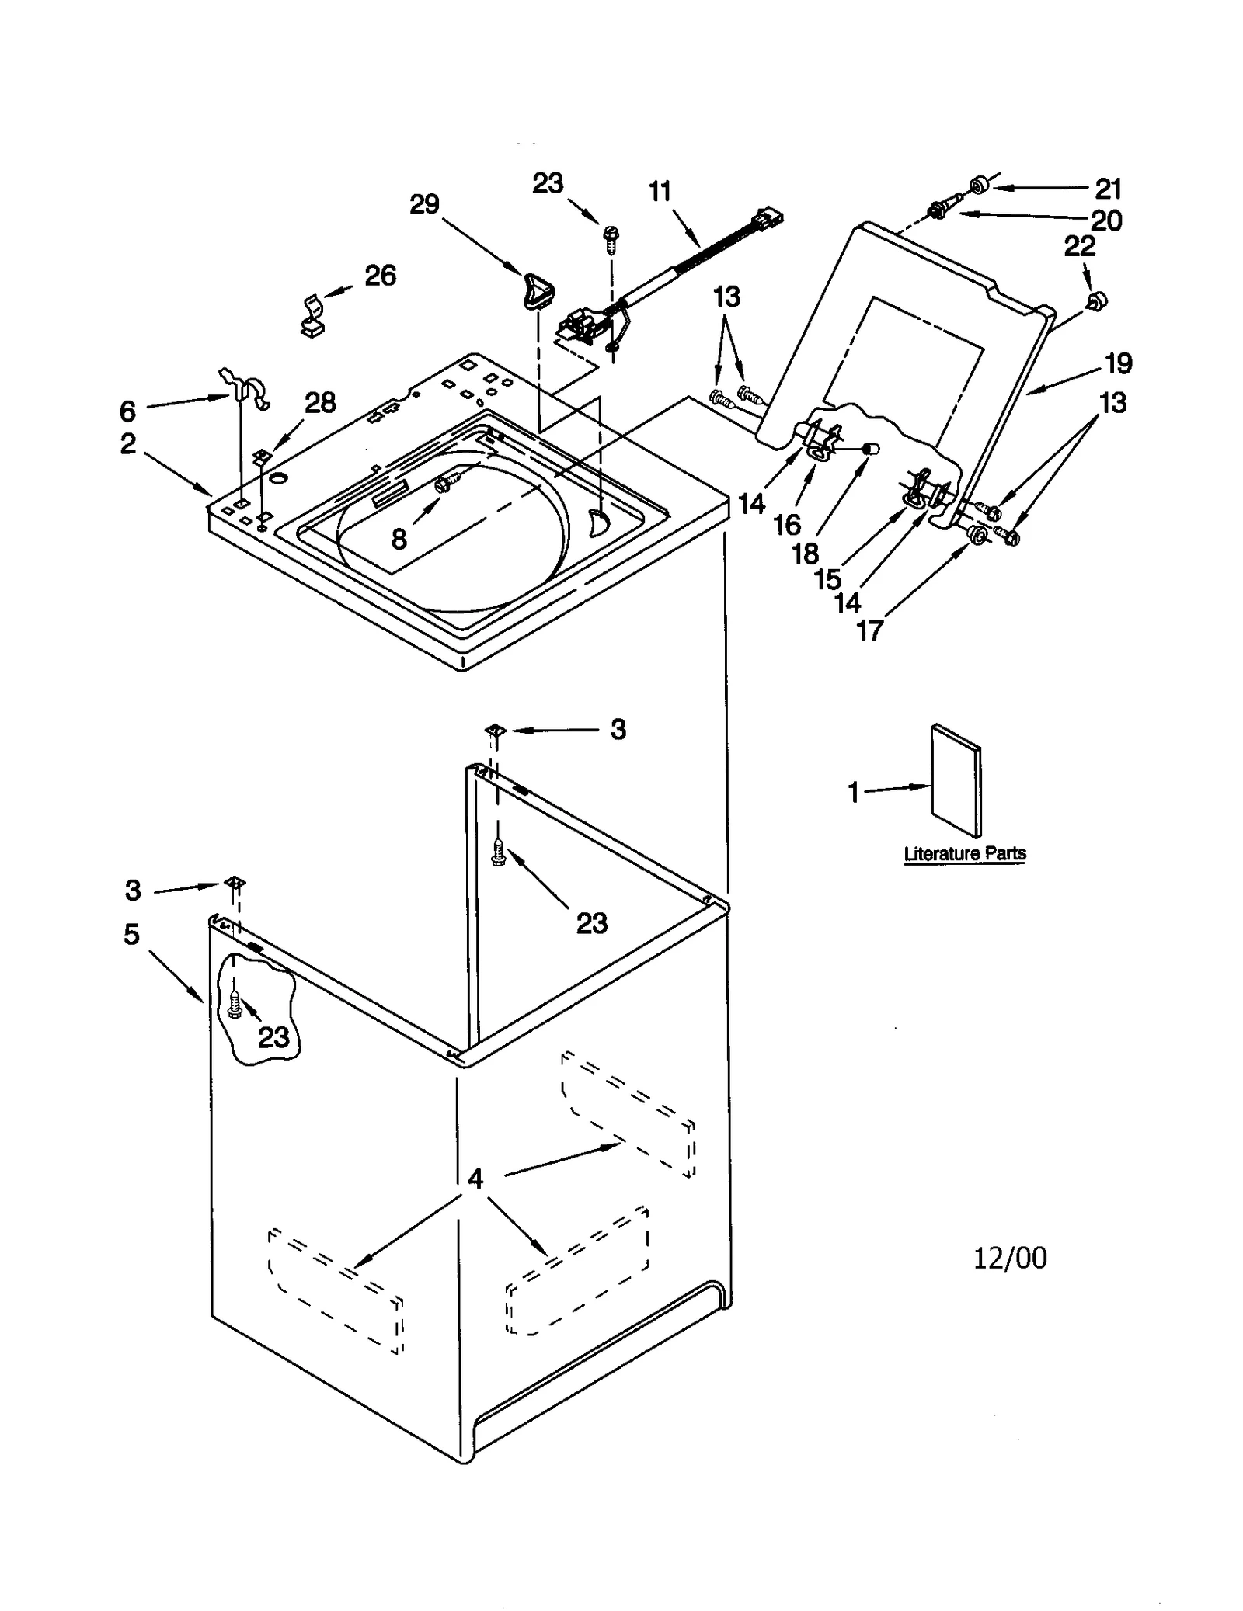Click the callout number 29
tap(424, 204)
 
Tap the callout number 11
tap(660, 191)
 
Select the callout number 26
tap(380, 275)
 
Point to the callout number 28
tap(319, 402)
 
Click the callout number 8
tap(399, 539)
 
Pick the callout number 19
tap(1119, 363)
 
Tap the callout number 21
tap(1109, 189)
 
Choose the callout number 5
tap(131, 934)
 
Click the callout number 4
tap(475, 1179)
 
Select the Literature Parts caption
tap(965, 853)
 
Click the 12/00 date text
tap(1010, 1258)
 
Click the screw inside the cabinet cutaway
tap(235, 1006)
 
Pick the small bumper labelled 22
tap(1098, 300)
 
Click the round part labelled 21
tap(979, 185)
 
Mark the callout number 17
tap(870, 630)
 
